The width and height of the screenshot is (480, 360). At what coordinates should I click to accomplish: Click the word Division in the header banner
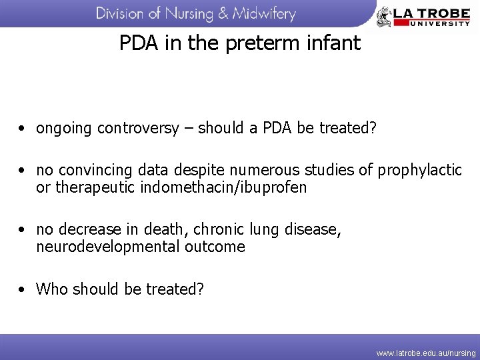tap(120, 13)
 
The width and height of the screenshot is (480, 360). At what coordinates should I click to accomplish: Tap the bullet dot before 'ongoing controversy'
tap(23, 129)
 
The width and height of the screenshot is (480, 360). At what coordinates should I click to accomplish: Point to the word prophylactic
tap(419, 171)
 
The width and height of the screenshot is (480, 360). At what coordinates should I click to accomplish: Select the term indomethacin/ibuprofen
tap(224, 188)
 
